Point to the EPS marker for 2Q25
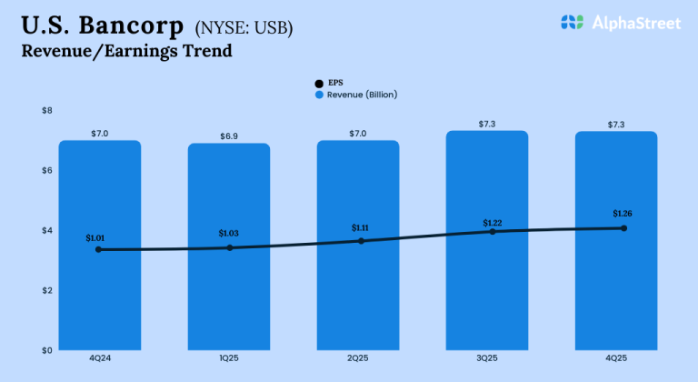(x=361, y=241)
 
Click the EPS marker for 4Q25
(x=623, y=228)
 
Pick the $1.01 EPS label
(x=95, y=238)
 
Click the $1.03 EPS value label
(x=228, y=234)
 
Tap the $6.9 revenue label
(x=229, y=136)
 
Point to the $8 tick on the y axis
(x=47, y=111)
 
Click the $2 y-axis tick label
(x=47, y=290)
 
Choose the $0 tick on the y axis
(x=47, y=350)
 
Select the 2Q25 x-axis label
(x=358, y=359)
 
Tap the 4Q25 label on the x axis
(x=616, y=359)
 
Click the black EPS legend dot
(x=319, y=83)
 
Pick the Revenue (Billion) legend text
(x=362, y=94)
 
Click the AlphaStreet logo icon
(x=572, y=23)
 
